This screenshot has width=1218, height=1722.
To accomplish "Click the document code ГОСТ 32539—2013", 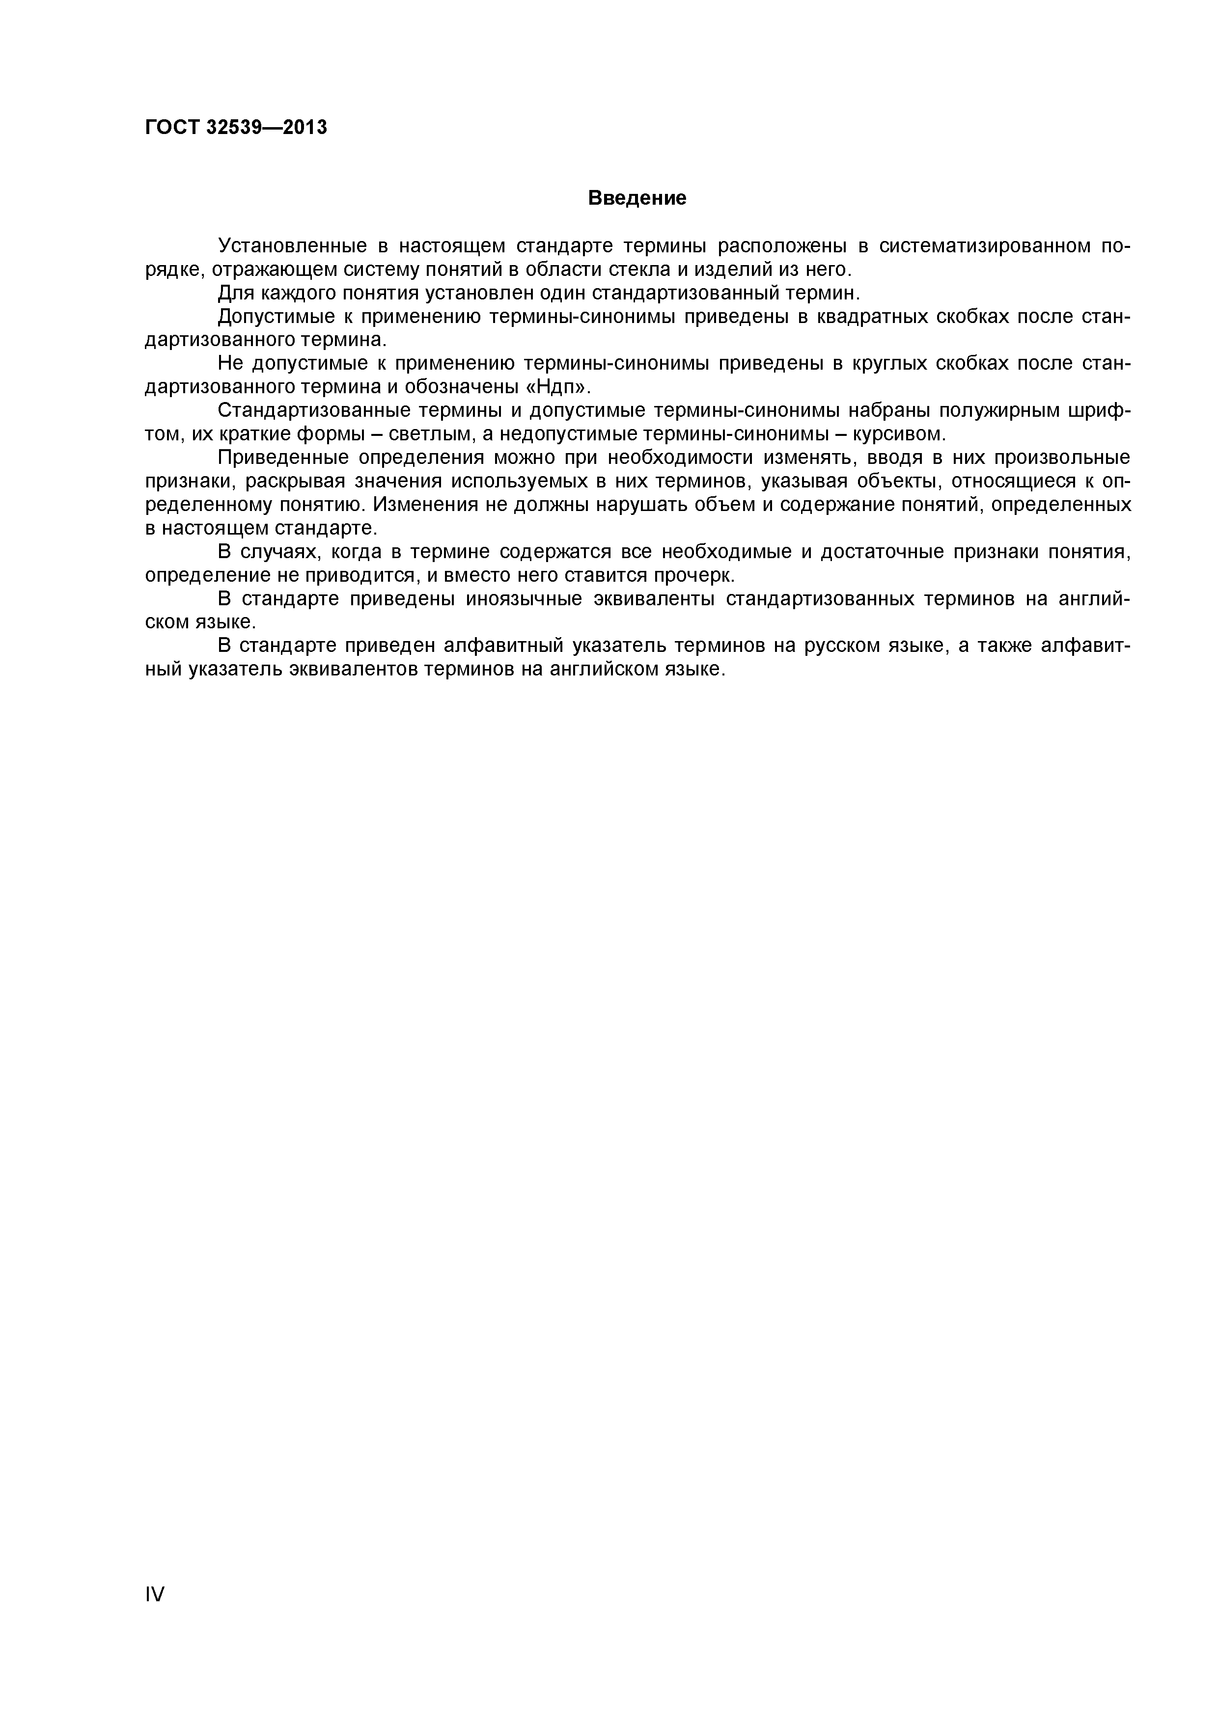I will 236,128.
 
